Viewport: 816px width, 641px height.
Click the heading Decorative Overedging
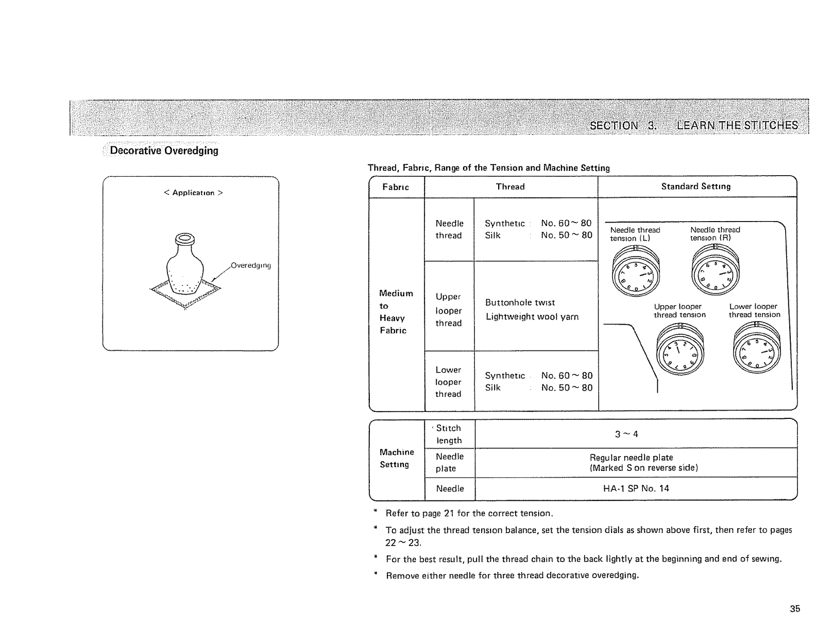tap(164, 150)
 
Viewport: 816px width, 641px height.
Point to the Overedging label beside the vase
tap(250, 266)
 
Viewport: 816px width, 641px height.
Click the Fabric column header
tap(396, 187)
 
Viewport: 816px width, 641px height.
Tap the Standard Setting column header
tap(695, 187)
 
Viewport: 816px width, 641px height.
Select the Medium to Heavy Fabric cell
tap(396, 312)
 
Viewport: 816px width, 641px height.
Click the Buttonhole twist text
tap(520, 302)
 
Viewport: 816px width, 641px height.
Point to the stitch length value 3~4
tap(626, 434)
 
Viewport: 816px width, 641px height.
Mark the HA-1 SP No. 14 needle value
tap(636, 488)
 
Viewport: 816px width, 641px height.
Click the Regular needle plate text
tap(631, 458)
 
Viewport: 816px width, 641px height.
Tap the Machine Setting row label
tap(396, 458)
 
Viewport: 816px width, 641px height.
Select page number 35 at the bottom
tap(795, 609)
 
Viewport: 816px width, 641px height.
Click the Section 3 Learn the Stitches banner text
tap(694, 125)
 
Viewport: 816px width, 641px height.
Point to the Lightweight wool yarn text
tap(532, 317)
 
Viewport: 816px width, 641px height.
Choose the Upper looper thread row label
tap(448, 310)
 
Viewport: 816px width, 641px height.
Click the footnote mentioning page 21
tap(469, 513)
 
